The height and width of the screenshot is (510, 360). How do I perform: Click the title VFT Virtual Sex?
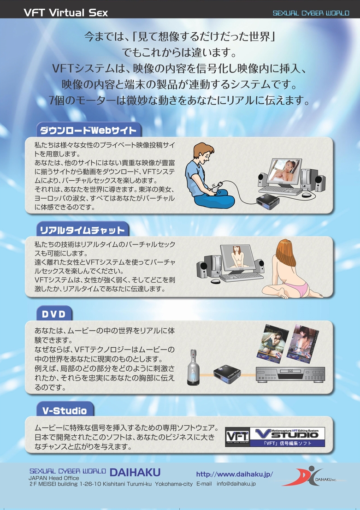(66, 13)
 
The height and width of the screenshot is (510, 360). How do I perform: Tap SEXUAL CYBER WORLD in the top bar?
(311, 13)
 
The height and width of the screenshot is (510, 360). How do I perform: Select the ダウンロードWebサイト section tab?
(89, 130)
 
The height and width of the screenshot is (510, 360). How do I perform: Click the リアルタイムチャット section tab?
(83, 230)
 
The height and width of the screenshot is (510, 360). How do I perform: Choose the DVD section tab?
(54, 314)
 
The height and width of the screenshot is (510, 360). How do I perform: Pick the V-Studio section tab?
(65, 410)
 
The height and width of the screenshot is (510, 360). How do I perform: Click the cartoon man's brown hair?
(203, 150)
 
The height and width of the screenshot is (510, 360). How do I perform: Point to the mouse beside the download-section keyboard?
(307, 195)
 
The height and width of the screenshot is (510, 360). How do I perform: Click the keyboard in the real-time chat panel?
(241, 277)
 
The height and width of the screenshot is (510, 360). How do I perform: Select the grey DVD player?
(290, 375)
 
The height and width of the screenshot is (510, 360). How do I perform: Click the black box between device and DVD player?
(227, 374)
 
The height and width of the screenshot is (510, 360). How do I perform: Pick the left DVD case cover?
(272, 344)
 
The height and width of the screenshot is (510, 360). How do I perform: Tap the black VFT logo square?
(237, 437)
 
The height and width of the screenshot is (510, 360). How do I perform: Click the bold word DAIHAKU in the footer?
(135, 472)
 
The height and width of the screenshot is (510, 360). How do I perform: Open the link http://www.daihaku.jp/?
(235, 474)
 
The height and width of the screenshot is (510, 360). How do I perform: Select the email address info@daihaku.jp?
(236, 484)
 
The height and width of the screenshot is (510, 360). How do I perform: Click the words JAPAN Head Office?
(53, 478)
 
